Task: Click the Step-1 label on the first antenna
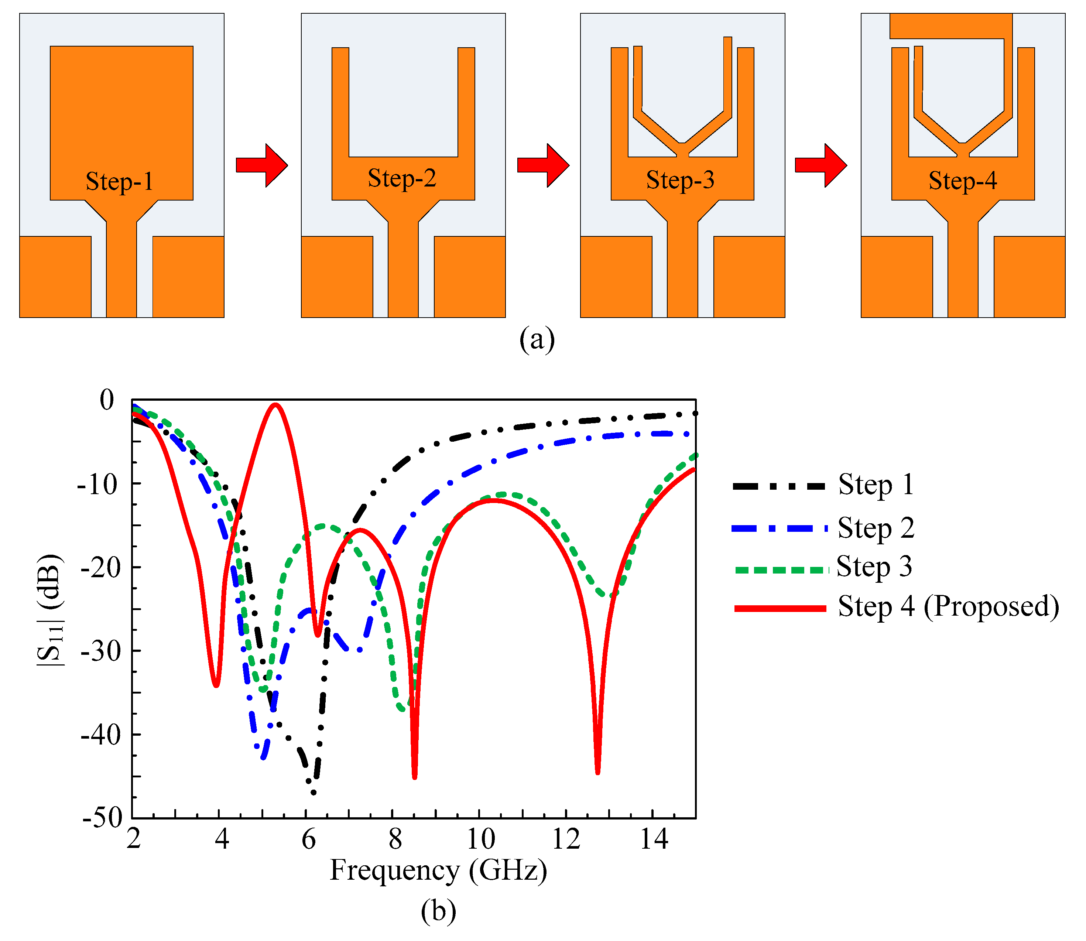(x=120, y=182)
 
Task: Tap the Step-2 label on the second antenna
(x=402, y=178)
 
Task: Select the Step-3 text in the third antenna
(x=680, y=180)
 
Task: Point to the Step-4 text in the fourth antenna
(x=963, y=181)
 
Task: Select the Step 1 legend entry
(x=876, y=485)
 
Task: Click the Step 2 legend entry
(x=876, y=528)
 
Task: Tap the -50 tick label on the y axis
(x=102, y=818)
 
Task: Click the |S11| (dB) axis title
(x=51, y=609)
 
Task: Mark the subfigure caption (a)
(x=537, y=340)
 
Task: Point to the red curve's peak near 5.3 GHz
(x=275, y=404)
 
